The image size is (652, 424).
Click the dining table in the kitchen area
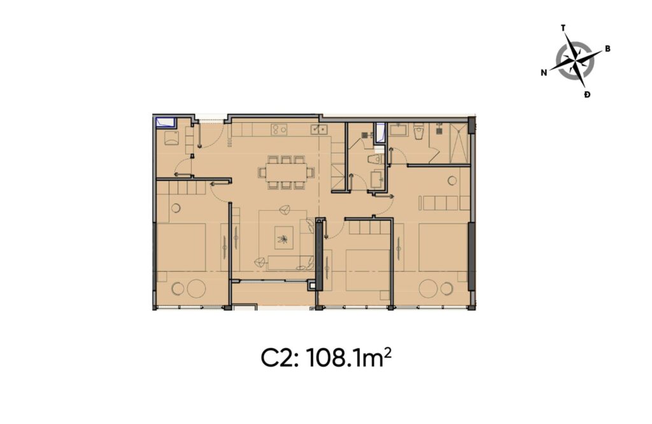click(286, 172)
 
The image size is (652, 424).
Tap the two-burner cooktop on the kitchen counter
click(278, 130)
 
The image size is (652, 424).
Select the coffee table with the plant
click(281, 239)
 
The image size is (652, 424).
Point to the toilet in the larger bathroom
click(418, 131)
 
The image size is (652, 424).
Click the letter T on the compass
click(563, 28)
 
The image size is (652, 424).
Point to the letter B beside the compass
click(608, 49)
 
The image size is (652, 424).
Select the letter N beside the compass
click(544, 73)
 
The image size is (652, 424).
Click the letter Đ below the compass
click(586, 95)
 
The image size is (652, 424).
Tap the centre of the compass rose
click(575, 60)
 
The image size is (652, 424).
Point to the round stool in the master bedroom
click(453, 180)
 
